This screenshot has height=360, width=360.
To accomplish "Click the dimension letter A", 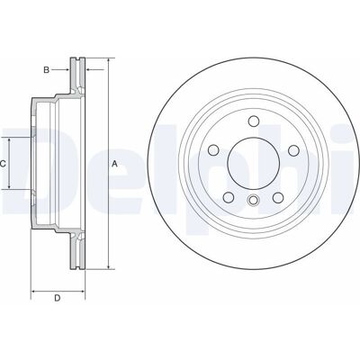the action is (114, 164).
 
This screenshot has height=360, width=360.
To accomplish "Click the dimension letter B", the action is (46, 70).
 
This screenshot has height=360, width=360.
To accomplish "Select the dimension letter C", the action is (3, 164).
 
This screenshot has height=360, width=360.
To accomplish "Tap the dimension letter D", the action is (58, 298).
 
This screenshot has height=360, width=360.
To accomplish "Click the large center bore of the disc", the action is (254, 164).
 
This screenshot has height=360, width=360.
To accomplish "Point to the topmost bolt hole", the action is (254, 121).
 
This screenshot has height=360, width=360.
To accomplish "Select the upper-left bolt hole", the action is (213, 150).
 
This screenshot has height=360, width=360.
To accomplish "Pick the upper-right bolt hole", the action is (293, 150).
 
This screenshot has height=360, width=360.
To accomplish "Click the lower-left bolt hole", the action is (229, 197).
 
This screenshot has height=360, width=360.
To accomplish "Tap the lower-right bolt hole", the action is (278, 197).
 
